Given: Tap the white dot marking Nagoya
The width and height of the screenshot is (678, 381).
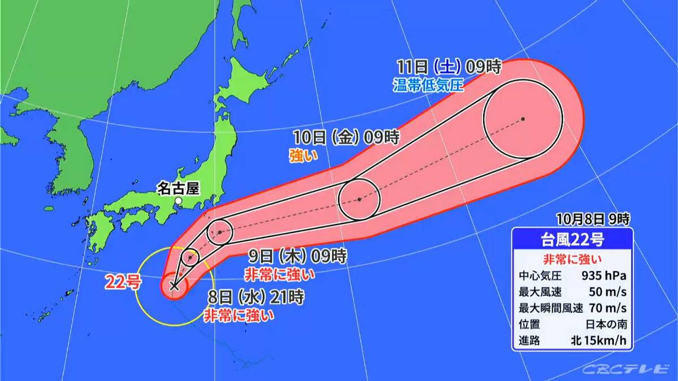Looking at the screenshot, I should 178,200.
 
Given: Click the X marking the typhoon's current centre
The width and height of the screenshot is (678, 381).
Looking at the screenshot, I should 174,286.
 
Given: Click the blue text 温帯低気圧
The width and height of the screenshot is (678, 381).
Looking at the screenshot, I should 428,86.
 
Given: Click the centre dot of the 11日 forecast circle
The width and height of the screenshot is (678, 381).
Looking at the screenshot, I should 523,119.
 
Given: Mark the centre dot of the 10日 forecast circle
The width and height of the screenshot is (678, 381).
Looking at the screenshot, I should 359,199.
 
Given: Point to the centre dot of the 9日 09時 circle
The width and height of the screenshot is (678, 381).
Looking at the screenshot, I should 219,232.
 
